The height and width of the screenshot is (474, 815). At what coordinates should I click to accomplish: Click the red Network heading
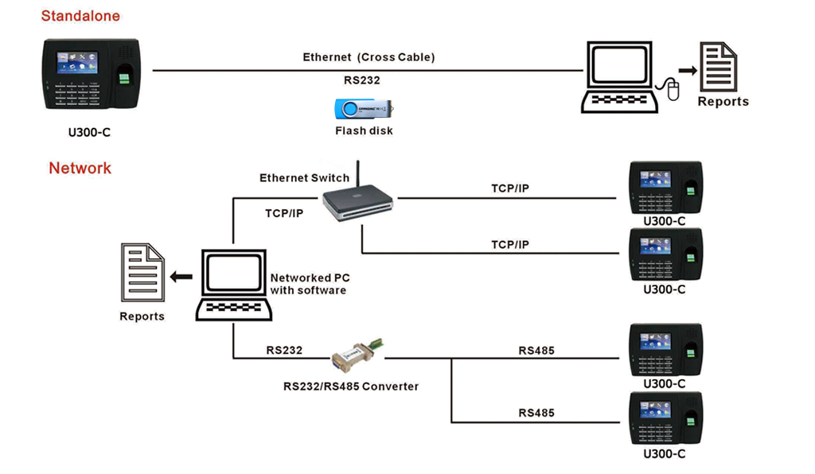[x=80, y=169]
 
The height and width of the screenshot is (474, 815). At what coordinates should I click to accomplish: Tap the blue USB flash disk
[x=362, y=108]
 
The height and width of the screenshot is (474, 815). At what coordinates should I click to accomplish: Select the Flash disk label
[x=364, y=130]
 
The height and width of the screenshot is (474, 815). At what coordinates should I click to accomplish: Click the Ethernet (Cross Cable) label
[x=369, y=57]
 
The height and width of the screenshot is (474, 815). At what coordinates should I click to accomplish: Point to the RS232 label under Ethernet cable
[x=361, y=80]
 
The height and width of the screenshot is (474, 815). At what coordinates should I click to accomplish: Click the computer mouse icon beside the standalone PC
[x=673, y=90]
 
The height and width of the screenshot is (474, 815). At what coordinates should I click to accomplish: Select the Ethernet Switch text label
[x=304, y=178]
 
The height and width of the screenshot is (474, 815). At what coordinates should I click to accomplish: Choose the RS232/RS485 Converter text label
[x=351, y=387]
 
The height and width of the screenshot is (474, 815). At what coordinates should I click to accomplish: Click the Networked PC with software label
[x=310, y=284]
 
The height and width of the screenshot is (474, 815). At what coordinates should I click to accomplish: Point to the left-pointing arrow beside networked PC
[x=181, y=277]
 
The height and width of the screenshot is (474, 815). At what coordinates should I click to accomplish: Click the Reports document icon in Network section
[x=142, y=272]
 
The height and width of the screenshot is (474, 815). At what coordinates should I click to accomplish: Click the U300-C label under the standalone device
[x=89, y=133]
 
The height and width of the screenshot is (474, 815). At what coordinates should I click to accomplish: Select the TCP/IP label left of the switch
[x=284, y=213]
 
